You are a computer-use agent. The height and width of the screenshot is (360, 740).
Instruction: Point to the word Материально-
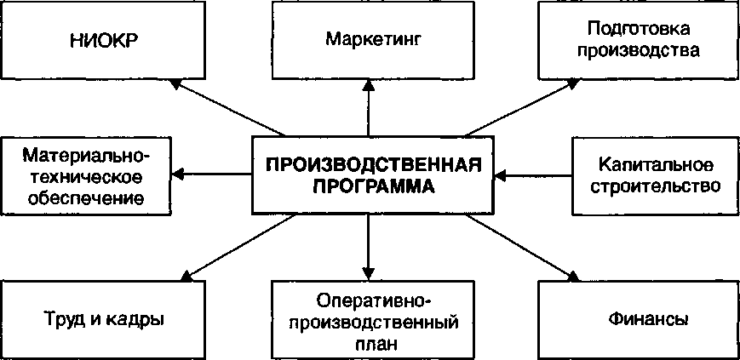click(86, 156)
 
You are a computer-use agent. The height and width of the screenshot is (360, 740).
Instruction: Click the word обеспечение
click(86, 198)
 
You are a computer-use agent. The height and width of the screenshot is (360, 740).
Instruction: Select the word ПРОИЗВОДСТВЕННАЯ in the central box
click(375, 164)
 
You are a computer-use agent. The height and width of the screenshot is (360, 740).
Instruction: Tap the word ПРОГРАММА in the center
click(375, 186)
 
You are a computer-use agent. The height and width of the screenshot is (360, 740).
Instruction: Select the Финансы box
click(648, 320)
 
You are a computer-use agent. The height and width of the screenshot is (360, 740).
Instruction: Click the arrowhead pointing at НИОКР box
click(175, 83)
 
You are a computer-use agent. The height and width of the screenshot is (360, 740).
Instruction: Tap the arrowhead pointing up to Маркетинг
click(369, 83)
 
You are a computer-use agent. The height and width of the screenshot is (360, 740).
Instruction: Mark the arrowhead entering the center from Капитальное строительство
click(500, 174)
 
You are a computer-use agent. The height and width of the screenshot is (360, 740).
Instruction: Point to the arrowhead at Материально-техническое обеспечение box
click(181, 174)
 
